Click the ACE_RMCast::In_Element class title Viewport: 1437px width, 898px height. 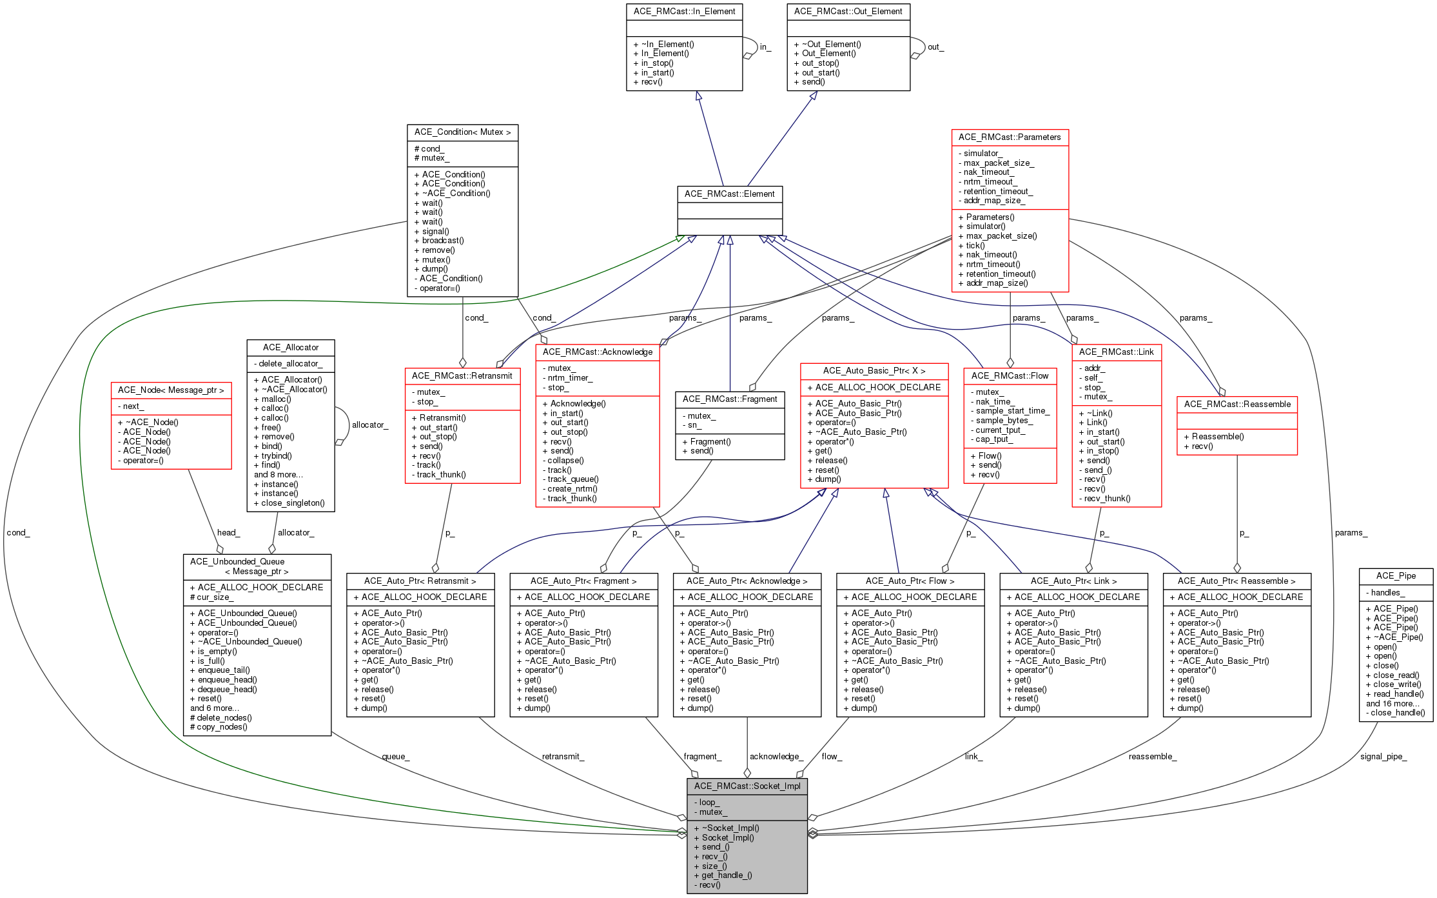[x=684, y=11]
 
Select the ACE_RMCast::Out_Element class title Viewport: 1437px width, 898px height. [x=848, y=11]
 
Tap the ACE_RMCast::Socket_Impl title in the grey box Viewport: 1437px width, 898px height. [x=747, y=786]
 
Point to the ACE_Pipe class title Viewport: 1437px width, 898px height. [x=1396, y=575]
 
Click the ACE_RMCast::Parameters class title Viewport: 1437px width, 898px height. [x=1009, y=137]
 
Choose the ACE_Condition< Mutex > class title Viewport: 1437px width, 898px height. [x=462, y=132]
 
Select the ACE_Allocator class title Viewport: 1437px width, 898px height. [x=290, y=347]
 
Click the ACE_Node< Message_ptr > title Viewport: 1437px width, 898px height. [x=171, y=390]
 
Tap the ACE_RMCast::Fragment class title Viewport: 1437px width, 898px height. [x=729, y=399]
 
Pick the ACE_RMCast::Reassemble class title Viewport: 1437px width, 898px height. [x=1237, y=404]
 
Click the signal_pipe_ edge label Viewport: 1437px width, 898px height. [x=1383, y=756]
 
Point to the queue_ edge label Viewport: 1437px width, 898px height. [x=395, y=756]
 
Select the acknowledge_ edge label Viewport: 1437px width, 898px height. [x=776, y=756]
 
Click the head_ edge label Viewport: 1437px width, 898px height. [x=228, y=532]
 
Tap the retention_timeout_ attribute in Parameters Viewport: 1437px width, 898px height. [x=998, y=191]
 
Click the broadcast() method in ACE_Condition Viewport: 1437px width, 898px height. [x=442, y=241]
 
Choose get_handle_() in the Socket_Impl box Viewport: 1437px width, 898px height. [x=727, y=875]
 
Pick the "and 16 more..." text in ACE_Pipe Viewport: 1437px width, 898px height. [x=1393, y=703]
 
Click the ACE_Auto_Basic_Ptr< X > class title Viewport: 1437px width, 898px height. [x=874, y=370]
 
